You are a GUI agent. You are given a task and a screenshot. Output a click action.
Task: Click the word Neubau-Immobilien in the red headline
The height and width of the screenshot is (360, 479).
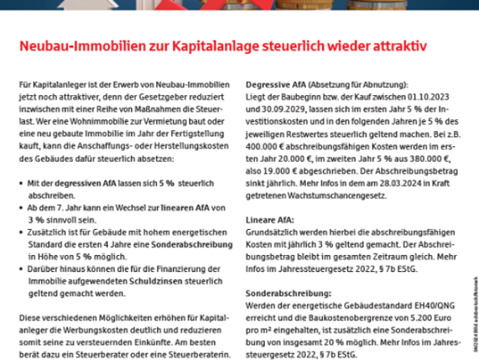pyautogui.click(x=72, y=47)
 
